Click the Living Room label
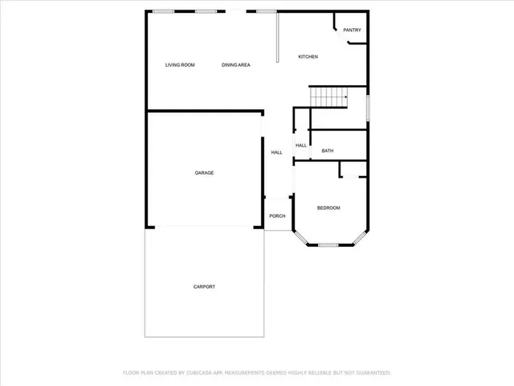(x=180, y=64)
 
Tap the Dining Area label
(x=236, y=64)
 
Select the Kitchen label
(x=308, y=56)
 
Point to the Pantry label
(x=352, y=31)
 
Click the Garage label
(x=204, y=173)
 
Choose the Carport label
(x=204, y=287)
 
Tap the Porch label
(x=277, y=216)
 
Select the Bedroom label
(x=328, y=208)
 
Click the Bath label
(x=328, y=150)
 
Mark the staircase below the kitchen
(x=328, y=97)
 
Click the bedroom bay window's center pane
(x=328, y=244)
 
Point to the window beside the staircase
(x=369, y=106)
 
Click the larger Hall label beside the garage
(x=276, y=152)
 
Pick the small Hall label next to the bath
(x=301, y=146)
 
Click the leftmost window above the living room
(x=164, y=11)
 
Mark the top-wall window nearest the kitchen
(x=266, y=11)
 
